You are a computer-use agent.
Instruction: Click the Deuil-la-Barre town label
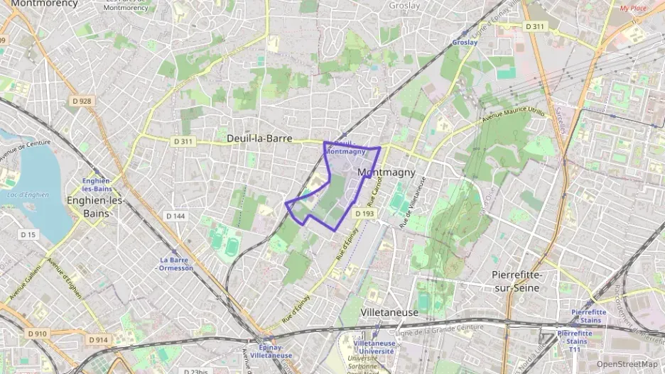pos(259,138)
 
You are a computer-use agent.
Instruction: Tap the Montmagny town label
pos(386,172)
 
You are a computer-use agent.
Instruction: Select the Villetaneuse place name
pos(389,312)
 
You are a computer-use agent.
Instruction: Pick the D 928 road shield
pos(82,101)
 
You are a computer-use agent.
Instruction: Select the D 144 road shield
pos(175,215)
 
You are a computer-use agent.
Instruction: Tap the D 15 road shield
pos(28,234)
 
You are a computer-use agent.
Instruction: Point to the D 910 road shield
pos(38,333)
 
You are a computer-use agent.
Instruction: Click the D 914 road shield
pos(99,341)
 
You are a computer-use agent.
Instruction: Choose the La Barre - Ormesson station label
pos(176,264)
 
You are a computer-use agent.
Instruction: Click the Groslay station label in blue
pos(465,42)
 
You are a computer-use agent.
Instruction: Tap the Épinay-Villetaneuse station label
pos(275,351)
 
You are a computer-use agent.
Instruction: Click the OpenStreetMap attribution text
pos(627,364)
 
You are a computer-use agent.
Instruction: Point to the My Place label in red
pos(633,9)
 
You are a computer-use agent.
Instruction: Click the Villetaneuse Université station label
pos(374,347)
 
